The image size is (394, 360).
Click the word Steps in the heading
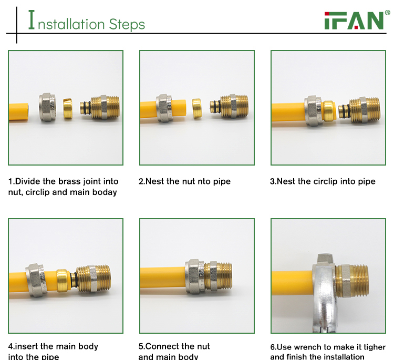127,24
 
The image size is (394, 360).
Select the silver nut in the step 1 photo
47,107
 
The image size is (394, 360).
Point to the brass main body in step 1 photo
100,107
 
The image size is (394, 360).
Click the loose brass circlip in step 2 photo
197,108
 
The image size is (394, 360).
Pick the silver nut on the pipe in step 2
164,108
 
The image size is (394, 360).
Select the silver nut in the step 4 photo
37,280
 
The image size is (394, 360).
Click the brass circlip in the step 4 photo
63,280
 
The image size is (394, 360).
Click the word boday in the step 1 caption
105,192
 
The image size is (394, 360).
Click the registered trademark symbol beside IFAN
388,13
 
